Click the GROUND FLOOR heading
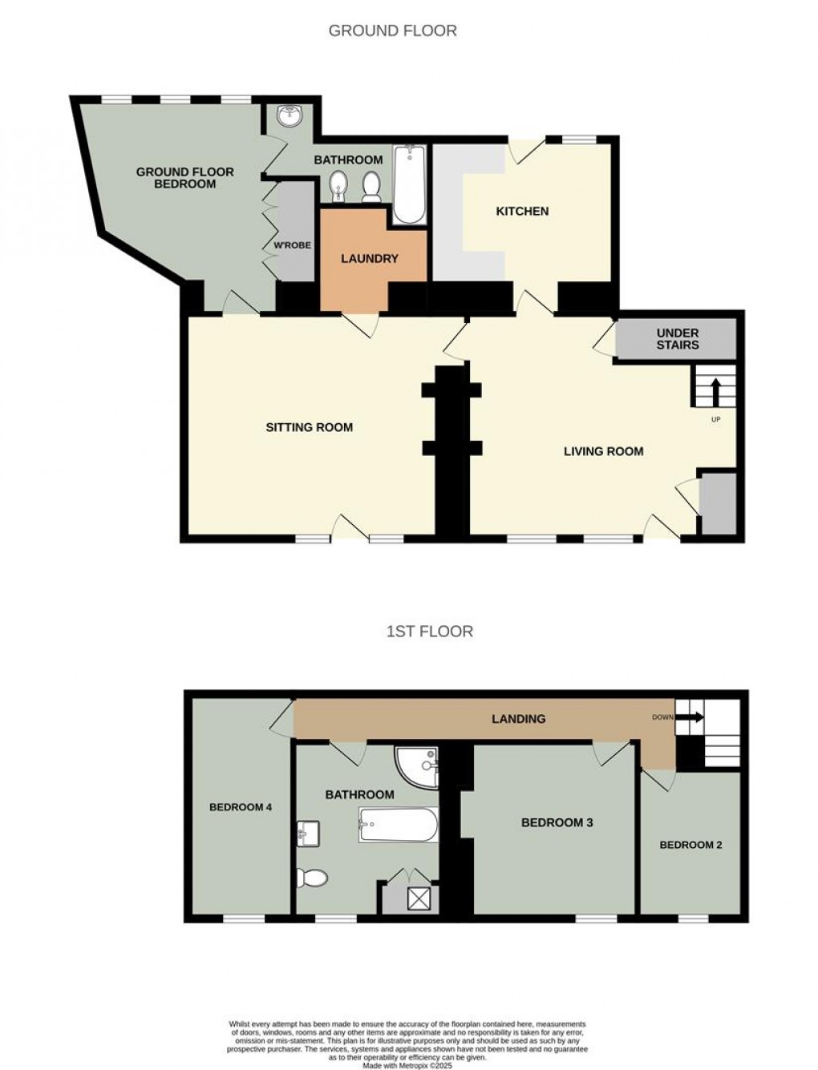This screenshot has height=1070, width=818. [392, 31]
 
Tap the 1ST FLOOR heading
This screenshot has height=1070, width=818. [429, 632]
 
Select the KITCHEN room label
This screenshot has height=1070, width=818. [522, 212]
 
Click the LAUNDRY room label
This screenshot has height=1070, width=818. [369, 259]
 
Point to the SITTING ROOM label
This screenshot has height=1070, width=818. [309, 428]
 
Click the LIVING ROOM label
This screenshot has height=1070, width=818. [603, 451]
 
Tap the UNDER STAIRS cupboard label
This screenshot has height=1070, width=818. [677, 339]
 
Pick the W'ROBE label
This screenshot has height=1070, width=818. [292, 245]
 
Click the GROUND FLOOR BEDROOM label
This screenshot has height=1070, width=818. [184, 178]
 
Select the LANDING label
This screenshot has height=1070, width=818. [518, 719]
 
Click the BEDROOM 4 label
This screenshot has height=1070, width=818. [240, 807]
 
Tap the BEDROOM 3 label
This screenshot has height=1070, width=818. [557, 822]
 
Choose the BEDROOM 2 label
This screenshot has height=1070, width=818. [690, 845]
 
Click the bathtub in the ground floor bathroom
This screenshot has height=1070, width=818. [409, 184]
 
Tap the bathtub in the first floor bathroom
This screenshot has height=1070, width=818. [399, 825]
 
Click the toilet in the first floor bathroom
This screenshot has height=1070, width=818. [312, 878]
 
